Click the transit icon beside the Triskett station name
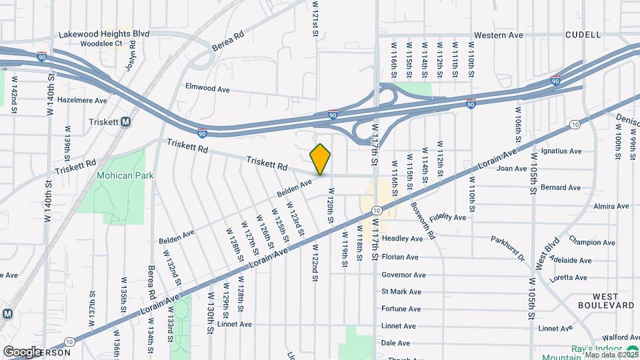(125, 122)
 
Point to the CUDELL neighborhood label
(583, 34)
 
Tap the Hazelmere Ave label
(82, 101)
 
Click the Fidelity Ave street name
(448, 217)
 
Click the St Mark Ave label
(401, 291)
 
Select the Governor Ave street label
(403, 275)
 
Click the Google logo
(22, 351)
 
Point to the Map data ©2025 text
(610, 354)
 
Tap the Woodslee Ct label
(100, 44)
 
